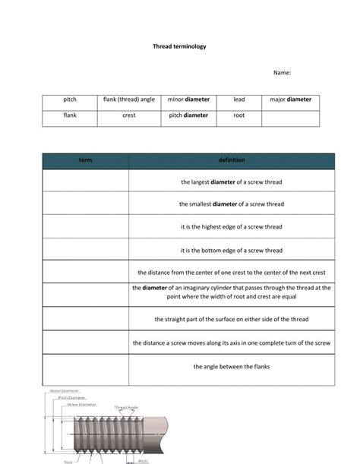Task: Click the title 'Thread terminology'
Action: [179, 46]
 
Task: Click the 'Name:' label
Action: [282, 73]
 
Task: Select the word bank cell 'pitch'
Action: [70, 99]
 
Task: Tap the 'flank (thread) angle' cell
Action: [128, 99]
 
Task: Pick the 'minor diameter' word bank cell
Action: [188, 99]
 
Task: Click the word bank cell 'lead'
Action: [238, 99]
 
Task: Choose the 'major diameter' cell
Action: [290, 99]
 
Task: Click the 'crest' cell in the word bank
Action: [128, 115]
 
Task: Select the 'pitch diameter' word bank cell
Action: [188, 115]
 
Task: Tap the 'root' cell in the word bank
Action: [238, 115]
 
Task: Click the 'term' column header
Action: [86, 160]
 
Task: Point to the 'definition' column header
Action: [231, 160]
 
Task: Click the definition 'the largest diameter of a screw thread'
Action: [231, 182]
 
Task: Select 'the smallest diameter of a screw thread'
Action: [231, 204]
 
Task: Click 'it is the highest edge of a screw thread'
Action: [231, 227]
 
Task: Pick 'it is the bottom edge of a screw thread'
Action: [231, 250]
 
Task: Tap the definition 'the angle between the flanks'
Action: [231, 367]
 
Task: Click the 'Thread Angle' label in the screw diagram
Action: [126, 408]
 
